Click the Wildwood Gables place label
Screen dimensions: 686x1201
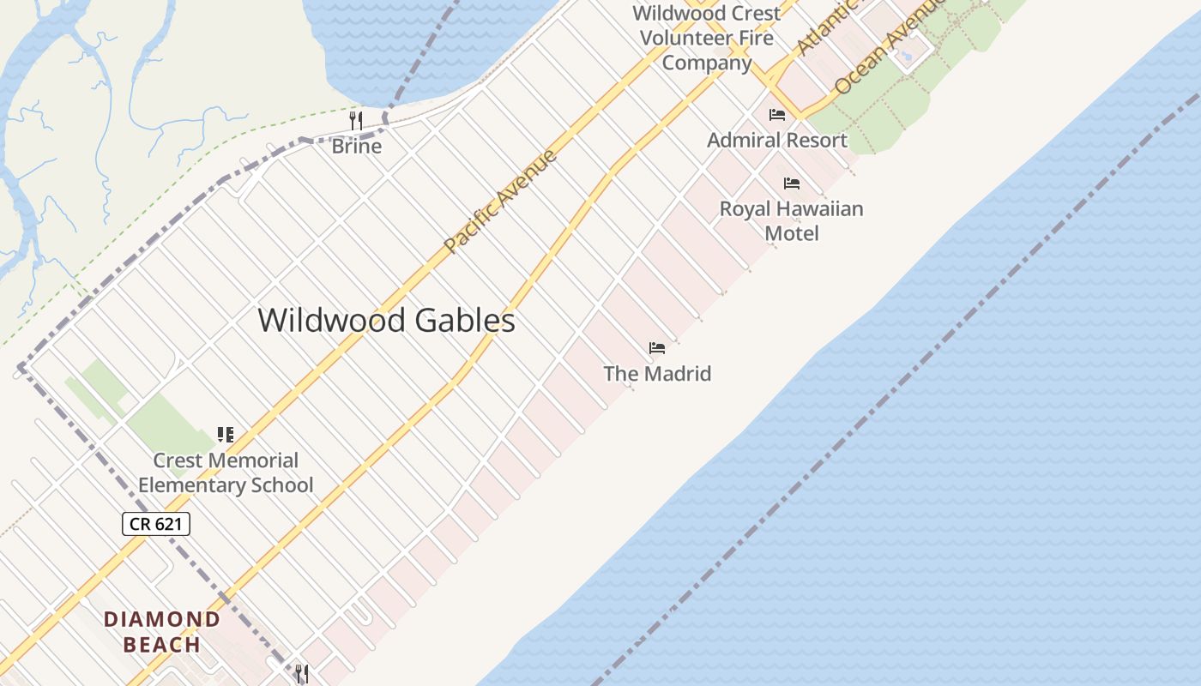click(x=386, y=321)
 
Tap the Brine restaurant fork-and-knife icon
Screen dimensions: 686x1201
click(x=356, y=120)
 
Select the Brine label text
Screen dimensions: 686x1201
click(x=356, y=146)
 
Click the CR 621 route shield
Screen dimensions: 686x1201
click(x=155, y=523)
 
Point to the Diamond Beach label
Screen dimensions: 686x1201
click(x=162, y=631)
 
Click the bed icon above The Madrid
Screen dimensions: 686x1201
click(x=657, y=348)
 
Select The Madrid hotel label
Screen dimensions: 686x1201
click(x=657, y=374)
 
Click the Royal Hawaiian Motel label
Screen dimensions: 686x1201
click(x=791, y=220)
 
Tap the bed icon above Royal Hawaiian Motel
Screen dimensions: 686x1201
click(x=791, y=184)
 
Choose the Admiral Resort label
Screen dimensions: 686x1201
click(x=776, y=140)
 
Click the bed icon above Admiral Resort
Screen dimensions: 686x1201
click(x=777, y=115)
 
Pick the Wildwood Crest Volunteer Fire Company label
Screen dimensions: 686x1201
click(x=707, y=38)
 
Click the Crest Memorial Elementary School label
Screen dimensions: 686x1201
click(x=226, y=472)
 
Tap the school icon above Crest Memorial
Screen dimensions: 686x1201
click(x=226, y=435)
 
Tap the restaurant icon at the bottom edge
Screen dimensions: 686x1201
click(x=302, y=674)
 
